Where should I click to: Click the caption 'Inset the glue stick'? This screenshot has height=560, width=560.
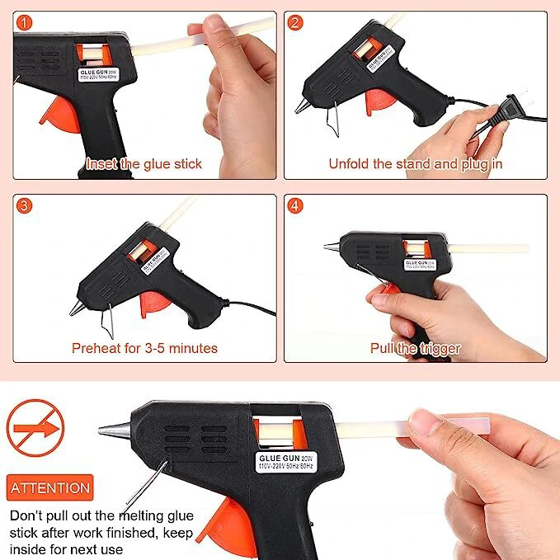144,163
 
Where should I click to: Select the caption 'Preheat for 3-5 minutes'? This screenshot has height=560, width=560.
144,347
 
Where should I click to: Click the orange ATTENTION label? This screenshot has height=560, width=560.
50,487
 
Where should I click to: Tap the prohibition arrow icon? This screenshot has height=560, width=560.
35,429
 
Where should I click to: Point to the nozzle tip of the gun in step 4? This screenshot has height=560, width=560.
330,245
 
